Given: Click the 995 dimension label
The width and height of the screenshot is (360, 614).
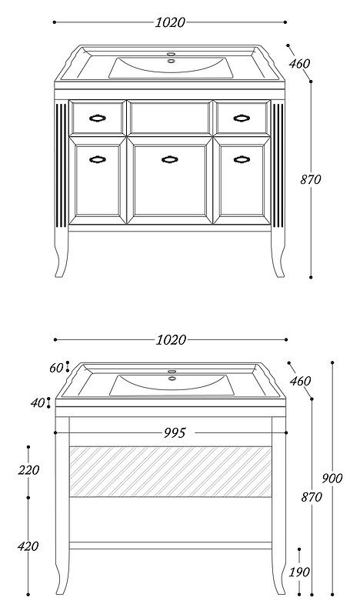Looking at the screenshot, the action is pos(175,432).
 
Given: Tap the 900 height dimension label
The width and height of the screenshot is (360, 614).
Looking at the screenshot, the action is pos(332,478).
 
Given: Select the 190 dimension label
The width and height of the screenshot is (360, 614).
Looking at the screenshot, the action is pos(299,572).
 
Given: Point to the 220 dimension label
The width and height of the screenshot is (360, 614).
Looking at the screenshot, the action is pos(28,470).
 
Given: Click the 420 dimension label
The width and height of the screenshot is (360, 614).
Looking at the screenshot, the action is pos(28,546).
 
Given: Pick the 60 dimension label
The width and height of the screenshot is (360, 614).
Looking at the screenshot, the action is pos(56,368).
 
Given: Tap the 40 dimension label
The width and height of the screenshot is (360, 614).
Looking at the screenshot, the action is pos(38,402).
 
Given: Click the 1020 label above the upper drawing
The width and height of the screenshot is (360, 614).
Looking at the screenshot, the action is pos(170,22).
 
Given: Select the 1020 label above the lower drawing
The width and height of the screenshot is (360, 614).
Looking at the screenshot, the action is pos(171,340).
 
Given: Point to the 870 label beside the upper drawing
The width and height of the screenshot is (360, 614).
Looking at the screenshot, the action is pos(311,180).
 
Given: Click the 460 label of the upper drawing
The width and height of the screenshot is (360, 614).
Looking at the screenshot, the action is pos(300,63).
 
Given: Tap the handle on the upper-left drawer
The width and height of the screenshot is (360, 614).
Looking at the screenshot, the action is pos(98,118).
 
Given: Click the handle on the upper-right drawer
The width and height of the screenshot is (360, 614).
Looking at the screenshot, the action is pos(242,118).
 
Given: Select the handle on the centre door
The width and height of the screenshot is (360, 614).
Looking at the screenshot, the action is pos(170,159).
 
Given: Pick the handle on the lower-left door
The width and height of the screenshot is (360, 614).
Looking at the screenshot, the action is pos(98,159).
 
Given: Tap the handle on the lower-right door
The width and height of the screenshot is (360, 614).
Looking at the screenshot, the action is pos(242,159).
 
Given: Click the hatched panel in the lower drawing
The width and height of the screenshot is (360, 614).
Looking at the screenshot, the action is pos(171,472).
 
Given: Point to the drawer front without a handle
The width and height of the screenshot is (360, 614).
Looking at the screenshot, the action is pos(170,118).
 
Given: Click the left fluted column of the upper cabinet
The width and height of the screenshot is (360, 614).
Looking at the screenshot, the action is pos(61,165).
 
